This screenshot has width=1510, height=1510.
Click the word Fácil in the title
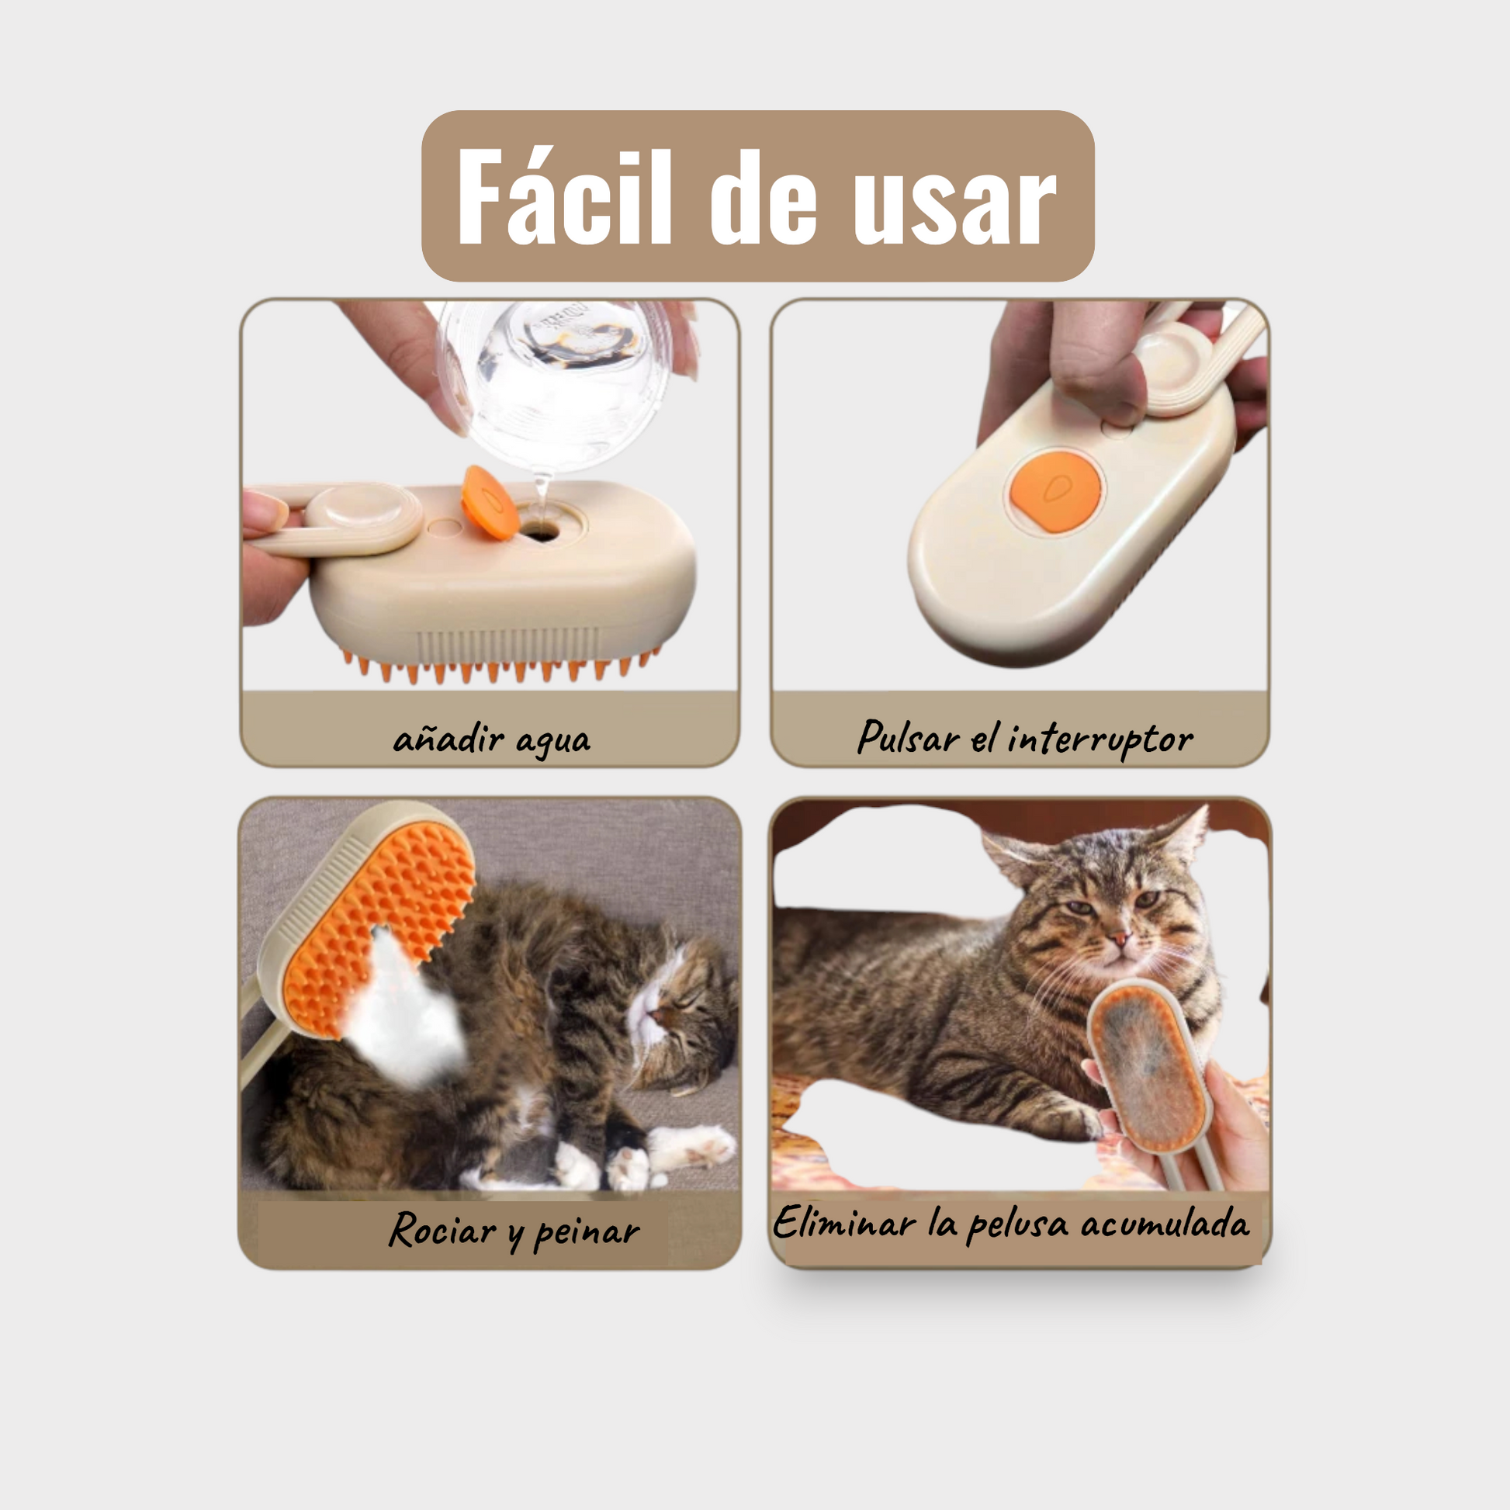[563, 199]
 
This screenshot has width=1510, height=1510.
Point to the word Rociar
[442, 1229]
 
